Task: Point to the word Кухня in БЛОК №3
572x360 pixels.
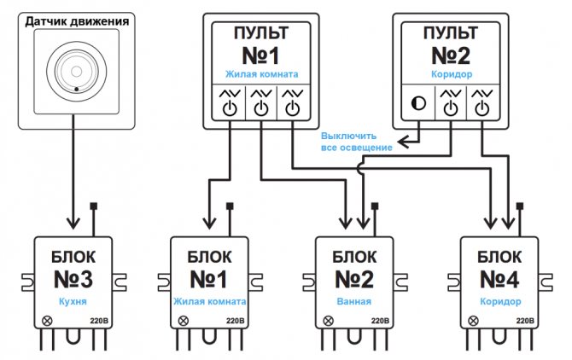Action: click(x=73, y=302)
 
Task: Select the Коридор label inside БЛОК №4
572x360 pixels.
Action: click(x=499, y=302)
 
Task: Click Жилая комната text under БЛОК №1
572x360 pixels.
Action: click(x=210, y=302)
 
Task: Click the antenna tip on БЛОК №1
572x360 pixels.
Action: click(x=231, y=206)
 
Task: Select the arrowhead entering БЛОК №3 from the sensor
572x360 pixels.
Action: click(x=73, y=226)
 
